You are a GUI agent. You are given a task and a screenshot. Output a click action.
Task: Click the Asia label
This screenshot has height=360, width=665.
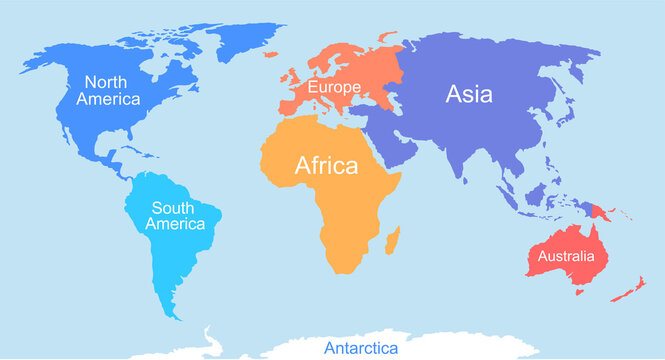click(x=468, y=94)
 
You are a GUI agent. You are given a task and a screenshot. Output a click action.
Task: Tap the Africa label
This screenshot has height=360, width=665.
click(x=326, y=166)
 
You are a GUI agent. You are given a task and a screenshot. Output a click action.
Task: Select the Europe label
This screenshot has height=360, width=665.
click(x=334, y=89)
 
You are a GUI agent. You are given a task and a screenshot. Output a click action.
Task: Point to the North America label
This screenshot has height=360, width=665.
click(x=112, y=91)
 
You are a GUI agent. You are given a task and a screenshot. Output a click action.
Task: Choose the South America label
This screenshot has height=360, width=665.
click(x=175, y=216)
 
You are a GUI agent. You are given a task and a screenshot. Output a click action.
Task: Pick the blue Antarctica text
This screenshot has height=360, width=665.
click(x=360, y=349)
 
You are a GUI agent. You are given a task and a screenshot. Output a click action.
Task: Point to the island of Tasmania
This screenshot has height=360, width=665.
click(x=577, y=292)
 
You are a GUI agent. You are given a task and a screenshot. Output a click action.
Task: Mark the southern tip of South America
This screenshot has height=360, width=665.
click(x=176, y=314)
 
